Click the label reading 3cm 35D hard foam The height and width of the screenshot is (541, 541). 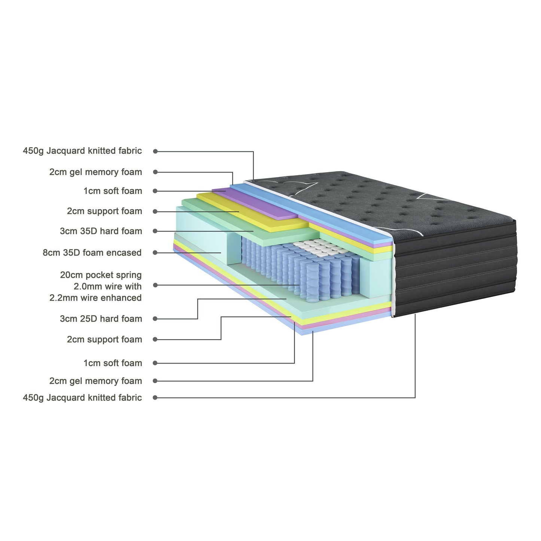point(101,231)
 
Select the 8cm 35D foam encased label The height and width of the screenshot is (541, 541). point(92,253)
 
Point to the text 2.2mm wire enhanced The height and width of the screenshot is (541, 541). point(95,298)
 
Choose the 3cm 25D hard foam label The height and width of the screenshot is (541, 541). point(101,319)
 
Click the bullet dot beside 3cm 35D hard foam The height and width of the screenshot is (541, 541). point(155,231)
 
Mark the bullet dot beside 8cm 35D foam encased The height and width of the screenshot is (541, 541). point(155,253)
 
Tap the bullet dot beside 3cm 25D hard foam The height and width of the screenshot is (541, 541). point(155,319)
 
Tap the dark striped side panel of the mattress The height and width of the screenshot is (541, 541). point(455,270)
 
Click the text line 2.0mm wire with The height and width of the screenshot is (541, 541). point(107,287)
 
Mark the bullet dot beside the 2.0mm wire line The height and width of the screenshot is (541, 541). point(155,285)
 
